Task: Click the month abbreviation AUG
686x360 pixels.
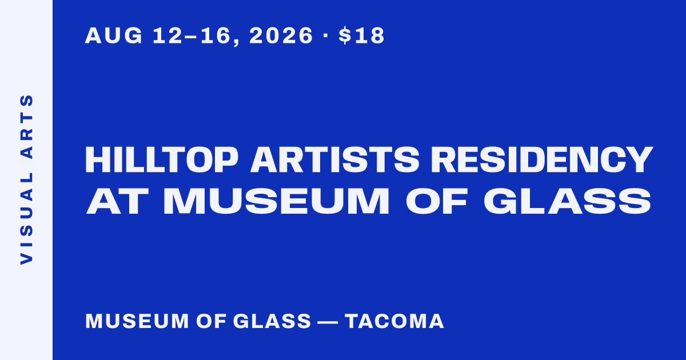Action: click(x=114, y=35)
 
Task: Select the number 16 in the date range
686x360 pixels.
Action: click(x=216, y=35)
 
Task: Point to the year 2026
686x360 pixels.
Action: click(x=281, y=35)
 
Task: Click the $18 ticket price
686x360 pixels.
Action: click(x=361, y=35)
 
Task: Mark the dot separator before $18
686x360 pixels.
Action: click(x=325, y=35)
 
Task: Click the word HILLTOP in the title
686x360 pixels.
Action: click(x=161, y=160)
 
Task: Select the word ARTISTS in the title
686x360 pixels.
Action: click(x=335, y=160)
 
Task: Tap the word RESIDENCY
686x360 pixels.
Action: click(x=542, y=160)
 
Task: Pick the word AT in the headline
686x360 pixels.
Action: click(x=118, y=201)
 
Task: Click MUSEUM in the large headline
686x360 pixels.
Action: click(x=277, y=201)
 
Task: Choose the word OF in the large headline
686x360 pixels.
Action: click(x=437, y=201)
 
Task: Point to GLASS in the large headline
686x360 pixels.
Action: click(x=567, y=201)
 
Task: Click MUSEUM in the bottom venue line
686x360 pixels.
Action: click(x=137, y=321)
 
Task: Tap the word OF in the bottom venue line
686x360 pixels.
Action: click(x=212, y=321)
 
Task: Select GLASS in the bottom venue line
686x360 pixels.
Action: click(x=272, y=321)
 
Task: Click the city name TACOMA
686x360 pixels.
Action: click(x=394, y=321)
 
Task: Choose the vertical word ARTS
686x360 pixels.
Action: click(x=27, y=126)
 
